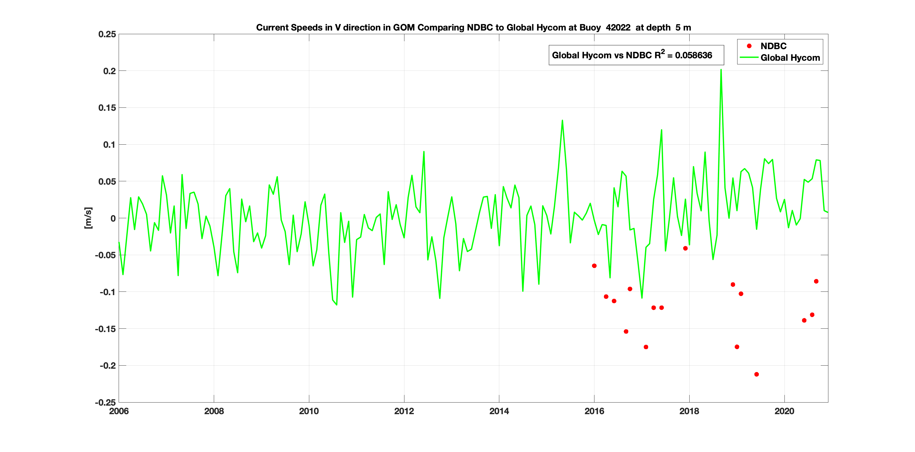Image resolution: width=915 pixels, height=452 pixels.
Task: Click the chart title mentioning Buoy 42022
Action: click(x=473, y=28)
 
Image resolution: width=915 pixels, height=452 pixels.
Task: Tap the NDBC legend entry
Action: click(x=773, y=46)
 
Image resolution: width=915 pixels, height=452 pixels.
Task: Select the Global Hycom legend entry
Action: click(x=790, y=58)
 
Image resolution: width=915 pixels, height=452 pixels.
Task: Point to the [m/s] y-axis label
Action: click(x=88, y=218)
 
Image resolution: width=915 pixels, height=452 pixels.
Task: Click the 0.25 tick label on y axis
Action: click(x=107, y=34)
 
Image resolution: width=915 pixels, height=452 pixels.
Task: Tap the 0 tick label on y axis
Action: click(x=113, y=219)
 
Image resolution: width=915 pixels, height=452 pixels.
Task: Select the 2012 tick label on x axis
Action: click(x=404, y=411)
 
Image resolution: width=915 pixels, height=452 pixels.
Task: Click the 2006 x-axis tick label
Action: click(x=119, y=411)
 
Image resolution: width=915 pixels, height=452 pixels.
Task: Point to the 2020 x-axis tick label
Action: click(x=784, y=411)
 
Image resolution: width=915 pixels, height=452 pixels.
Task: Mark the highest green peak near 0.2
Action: click(x=721, y=70)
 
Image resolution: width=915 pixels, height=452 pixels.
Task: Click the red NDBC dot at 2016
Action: click(x=594, y=266)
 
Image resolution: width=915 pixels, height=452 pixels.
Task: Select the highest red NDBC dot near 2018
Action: click(x=685, y=248)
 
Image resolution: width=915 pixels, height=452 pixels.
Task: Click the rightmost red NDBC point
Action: click(x=816, y=281)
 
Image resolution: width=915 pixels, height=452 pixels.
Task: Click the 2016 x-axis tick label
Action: click(x=594, y=411)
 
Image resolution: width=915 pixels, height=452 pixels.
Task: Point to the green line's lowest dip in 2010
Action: click(x=336, y=305)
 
